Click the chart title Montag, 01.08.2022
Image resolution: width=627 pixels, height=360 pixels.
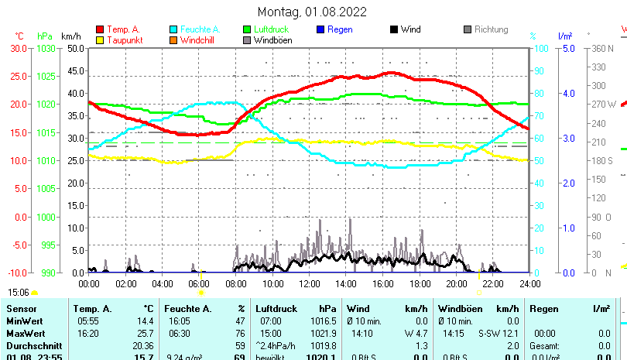tap(312, 12)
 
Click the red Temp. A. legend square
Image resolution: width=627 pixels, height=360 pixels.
tap(100, 29)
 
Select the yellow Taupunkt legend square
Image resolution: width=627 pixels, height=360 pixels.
tap(100, 40)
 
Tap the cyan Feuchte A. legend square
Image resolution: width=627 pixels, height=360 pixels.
tap(173, 29)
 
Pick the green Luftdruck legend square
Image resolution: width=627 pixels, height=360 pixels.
tap(247, 29)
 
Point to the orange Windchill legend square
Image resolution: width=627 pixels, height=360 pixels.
tap(173, 40)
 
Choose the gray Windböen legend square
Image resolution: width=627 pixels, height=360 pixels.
tap(247, 40)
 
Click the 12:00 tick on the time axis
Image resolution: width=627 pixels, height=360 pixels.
tap(309, 283)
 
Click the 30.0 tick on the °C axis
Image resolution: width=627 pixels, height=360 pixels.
tap(19, 48)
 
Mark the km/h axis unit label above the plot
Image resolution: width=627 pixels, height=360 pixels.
tap(70, 36)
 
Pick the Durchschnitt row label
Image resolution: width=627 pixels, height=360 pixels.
tap(30, 345)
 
